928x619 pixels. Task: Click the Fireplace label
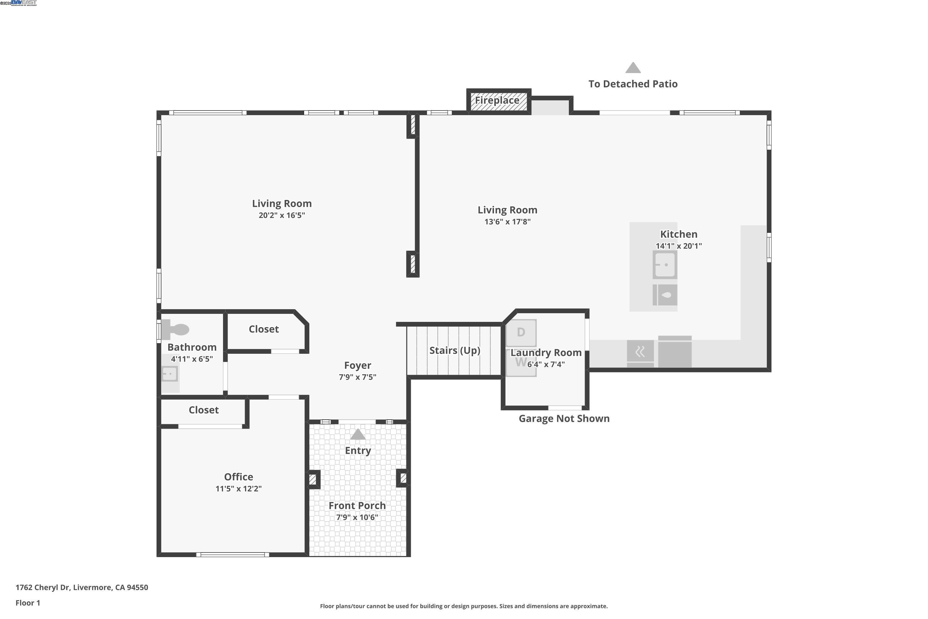click(x=497, y=100)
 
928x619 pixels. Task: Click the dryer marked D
click(x=521, y=332)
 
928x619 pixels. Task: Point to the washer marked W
click(x=520, y=362)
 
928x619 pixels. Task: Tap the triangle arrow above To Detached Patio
click(x=633, y=68)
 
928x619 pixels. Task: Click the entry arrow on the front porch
click(x=358, y=434)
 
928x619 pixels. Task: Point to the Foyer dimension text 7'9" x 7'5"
click(x=358, y=377)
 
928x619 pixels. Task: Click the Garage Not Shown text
click(x=564, y=418)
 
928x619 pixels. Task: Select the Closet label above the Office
click(x=204, y=410)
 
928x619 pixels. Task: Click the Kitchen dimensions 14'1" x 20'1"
click(x=679, y=246)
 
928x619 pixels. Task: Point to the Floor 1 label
click(x=28, y=603)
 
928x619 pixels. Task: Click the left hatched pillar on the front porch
click(x=313, y=480)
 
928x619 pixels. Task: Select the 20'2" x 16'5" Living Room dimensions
click(x=282, y=215)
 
